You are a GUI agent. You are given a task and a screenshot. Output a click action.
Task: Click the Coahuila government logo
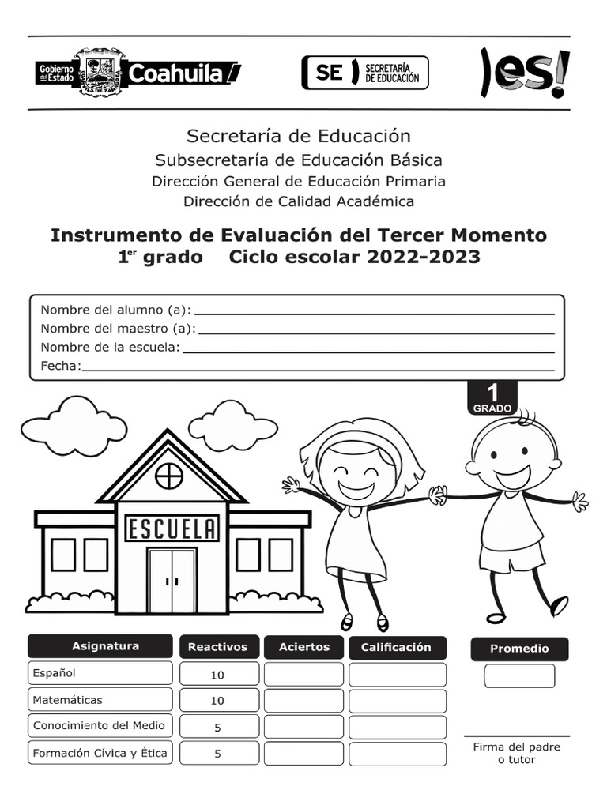[x=138, y=73]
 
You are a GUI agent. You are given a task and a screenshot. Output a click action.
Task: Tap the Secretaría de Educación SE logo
[x=364, y=73]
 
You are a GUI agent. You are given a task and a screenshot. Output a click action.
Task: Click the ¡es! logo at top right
[x=524, y=73]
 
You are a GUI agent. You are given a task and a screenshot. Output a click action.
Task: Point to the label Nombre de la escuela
[x=110, y=347]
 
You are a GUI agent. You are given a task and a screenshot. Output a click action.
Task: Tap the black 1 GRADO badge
[x=492, y=397]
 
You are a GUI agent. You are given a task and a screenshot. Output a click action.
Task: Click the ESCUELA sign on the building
[x=172, y=529]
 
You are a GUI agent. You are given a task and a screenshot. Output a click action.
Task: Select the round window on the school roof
[x=169, y=476]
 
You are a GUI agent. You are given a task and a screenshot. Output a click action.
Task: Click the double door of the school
[x=172, y=581]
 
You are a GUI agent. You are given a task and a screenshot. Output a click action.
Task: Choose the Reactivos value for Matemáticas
[x=217, y=701]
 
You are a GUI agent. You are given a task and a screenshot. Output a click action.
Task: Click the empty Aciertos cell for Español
[x=303, y=675]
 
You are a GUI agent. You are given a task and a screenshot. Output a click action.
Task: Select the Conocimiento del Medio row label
[x=99, y=725]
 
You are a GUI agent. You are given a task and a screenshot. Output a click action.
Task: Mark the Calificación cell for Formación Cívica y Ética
[x=397, y=754]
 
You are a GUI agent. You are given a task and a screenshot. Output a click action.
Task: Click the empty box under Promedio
[x=519, y=676]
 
